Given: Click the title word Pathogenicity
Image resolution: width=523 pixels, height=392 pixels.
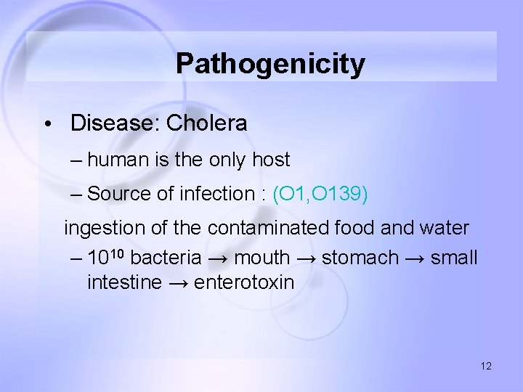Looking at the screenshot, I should click(x=270, y=64).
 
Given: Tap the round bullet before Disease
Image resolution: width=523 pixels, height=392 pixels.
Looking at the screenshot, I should click(x=46, y=124).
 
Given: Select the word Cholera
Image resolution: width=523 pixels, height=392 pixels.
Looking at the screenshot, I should click(x=206, y=123).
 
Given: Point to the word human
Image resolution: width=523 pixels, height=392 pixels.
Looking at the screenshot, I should click(x=121, y=160).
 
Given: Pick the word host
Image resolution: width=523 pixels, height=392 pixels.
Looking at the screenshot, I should click(x=271, y=160).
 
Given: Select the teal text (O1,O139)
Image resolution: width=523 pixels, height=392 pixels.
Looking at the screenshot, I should click(x=320, y=194).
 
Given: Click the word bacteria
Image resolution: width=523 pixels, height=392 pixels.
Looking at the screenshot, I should click(x=166, y=257).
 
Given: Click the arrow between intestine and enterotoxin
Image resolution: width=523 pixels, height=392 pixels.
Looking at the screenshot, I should click(x=178, y=282).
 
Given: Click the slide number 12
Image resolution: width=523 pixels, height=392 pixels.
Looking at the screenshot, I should click(x=486, y=366).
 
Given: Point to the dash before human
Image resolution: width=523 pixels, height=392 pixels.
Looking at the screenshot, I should click(x=77, y=160).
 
